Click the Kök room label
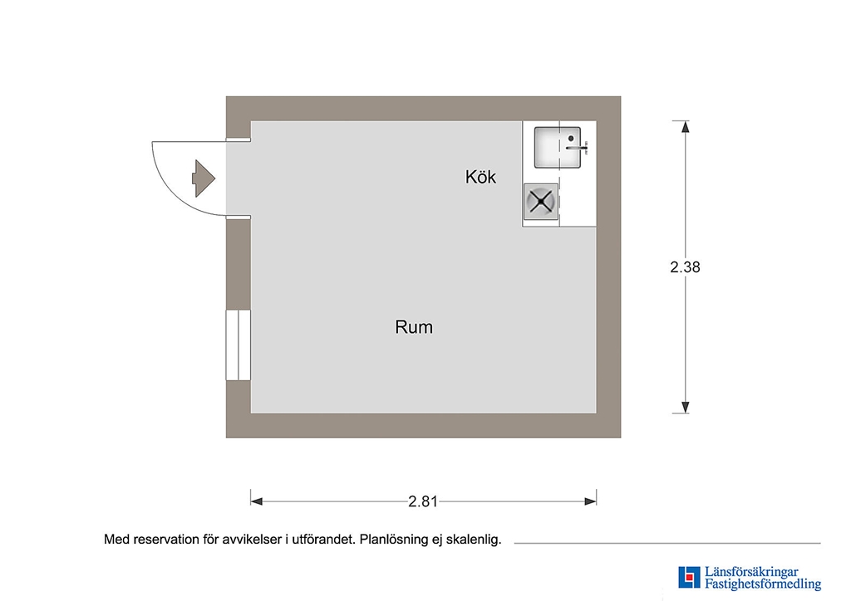coord(480,177)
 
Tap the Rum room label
coord(414,327)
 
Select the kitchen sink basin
coord(558,148)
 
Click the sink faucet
coord(577,145)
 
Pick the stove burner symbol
coord(541,202)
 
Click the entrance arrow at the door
coord(204,178)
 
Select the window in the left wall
coord(239,345)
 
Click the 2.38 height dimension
coord(685,266)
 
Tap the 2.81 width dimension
coord(423,501)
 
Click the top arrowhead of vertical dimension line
coord(686,127)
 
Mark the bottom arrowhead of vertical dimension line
coord(686,407)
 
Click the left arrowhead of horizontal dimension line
coord(257,501)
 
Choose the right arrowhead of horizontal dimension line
coord(591,501)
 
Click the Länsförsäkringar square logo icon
coord(689,577)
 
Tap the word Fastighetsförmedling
coord(763,584)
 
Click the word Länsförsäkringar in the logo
coord(751,572)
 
